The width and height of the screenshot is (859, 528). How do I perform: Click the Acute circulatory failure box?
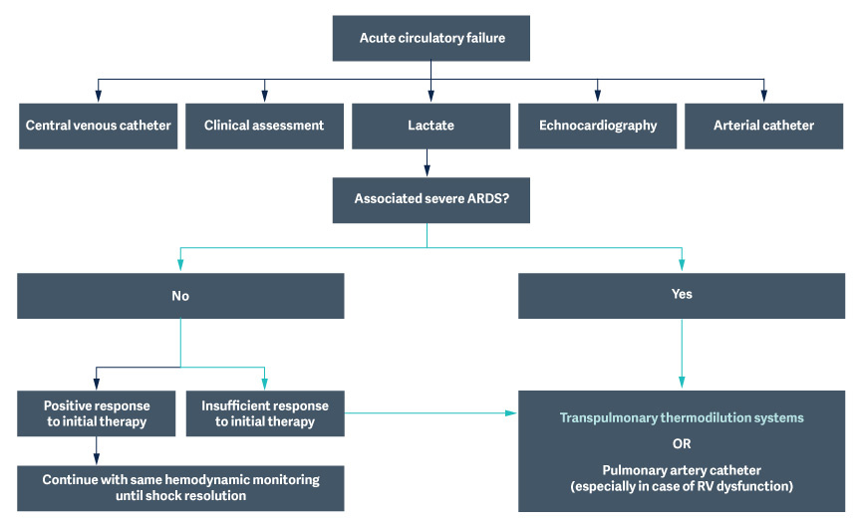(x=430, y=39)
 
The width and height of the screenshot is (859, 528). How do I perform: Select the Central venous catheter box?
(x=99, y=127)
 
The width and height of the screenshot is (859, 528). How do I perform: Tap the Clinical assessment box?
(x=264, y=127)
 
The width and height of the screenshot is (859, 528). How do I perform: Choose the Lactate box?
(x=430, y=127)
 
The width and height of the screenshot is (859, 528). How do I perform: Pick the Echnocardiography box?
(x=598, y=127)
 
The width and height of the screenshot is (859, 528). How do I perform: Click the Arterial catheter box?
(x=763, y=127)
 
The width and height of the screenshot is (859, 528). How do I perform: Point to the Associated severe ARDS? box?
(x=430, y=199)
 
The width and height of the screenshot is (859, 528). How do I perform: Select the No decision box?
(x=180, y=296)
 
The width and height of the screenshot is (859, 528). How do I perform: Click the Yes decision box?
(x=682, y=295)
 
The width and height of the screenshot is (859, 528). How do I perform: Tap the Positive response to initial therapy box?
(x=97, y=413)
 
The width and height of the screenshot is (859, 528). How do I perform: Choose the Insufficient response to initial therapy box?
(x=265, y=413)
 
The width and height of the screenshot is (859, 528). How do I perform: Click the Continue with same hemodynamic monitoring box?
(x=180, y=487)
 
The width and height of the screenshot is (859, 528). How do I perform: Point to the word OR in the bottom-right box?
(x=682, y=443)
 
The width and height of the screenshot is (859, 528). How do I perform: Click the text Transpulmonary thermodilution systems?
(x=682, y=418)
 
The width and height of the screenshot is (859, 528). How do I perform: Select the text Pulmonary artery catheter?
(x=682, y=469)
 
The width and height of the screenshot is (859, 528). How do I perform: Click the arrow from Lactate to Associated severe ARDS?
(x=428, y=162)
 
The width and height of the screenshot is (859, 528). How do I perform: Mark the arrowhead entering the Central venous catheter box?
(x=98, y=96)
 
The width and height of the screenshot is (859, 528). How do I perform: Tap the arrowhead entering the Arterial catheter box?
(x=763, y=96)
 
